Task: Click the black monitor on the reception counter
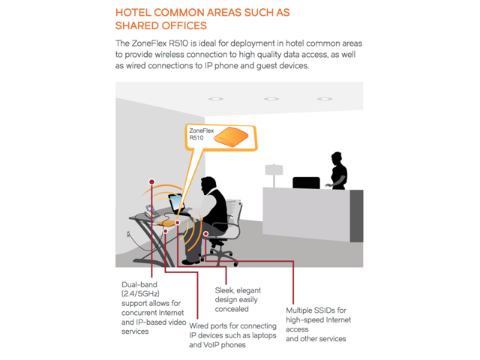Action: click(306, 182)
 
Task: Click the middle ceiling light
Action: click(271, 98)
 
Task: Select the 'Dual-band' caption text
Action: click(140, 283)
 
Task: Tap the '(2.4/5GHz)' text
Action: click(142, 293)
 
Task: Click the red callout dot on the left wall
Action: click(151, 182)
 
